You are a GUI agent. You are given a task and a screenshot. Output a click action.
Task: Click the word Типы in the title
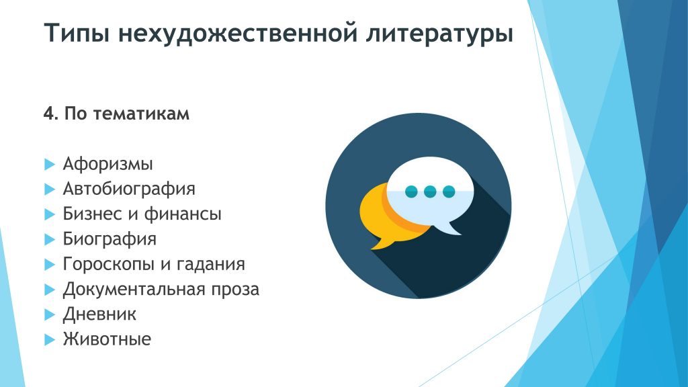77,34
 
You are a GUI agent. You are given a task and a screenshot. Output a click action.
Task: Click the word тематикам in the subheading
141,114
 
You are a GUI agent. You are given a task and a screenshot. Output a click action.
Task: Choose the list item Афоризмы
108,164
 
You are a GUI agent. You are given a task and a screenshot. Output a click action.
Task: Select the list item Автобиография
129,189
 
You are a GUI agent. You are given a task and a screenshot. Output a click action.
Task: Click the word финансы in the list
183,214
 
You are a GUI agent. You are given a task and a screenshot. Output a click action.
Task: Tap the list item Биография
110,239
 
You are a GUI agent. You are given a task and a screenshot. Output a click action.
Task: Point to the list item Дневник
99,314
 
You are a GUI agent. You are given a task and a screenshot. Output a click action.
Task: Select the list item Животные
107,339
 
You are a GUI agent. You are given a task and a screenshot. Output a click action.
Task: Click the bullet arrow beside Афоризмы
50,165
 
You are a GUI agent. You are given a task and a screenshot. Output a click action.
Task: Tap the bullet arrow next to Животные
50,339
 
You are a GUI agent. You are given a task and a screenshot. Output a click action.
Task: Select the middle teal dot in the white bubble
430,191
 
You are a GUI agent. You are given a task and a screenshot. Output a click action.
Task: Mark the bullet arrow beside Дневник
50,314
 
